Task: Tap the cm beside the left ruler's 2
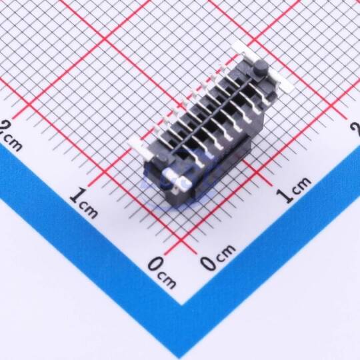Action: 14,143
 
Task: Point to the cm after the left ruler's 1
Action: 89,209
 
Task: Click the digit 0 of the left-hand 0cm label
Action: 155,265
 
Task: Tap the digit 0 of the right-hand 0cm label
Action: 209,261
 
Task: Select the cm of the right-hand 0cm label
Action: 226,251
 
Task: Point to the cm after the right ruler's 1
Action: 301,184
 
